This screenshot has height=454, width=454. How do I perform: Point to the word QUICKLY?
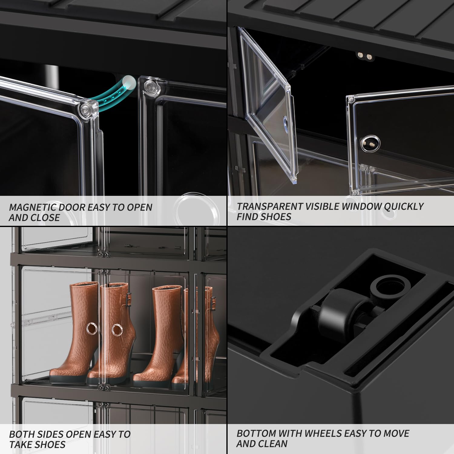click(404, 206)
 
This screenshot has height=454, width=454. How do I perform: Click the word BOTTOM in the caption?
click(256, 433)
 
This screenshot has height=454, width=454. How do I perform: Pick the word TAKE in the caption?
click(21, 445)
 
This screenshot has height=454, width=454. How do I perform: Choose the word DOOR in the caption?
click(72, 207)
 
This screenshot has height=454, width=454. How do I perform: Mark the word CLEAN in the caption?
click(274, 444)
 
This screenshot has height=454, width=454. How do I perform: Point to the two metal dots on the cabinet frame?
click(364, 56)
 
